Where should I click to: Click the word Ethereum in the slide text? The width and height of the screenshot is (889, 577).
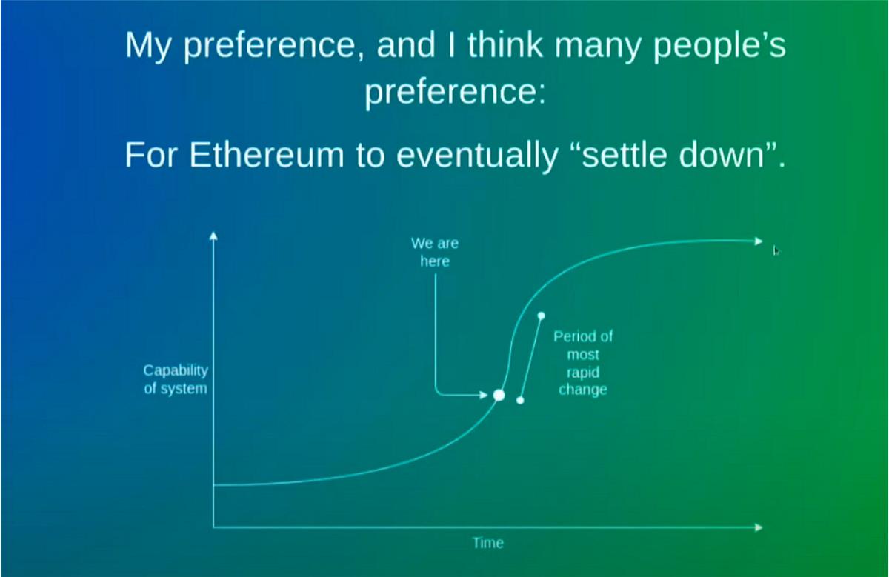(266, 155)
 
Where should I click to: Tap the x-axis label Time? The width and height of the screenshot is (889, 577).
(488, 542)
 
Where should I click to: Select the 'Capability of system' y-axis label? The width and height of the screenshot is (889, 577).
(176, 379)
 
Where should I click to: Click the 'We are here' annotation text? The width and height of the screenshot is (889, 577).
(435, 252)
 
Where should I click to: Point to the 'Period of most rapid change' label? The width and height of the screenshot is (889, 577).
(583, 363)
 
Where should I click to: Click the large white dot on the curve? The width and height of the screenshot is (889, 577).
(499, 396)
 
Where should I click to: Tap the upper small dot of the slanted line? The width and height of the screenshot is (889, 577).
(542, 316)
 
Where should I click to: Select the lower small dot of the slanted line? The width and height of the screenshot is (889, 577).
(520, 401)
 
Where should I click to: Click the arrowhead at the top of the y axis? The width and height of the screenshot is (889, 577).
(213, 236)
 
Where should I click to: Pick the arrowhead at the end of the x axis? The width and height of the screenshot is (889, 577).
(759, 527)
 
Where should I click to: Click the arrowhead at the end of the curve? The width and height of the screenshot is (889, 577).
(759, 241)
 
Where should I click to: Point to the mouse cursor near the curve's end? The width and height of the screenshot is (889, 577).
(776, 250)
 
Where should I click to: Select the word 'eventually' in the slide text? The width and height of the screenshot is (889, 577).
(477, 157)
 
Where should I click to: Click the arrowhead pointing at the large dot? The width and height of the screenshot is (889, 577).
(483, 395)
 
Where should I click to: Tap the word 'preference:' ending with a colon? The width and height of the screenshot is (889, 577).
(455, 93)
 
